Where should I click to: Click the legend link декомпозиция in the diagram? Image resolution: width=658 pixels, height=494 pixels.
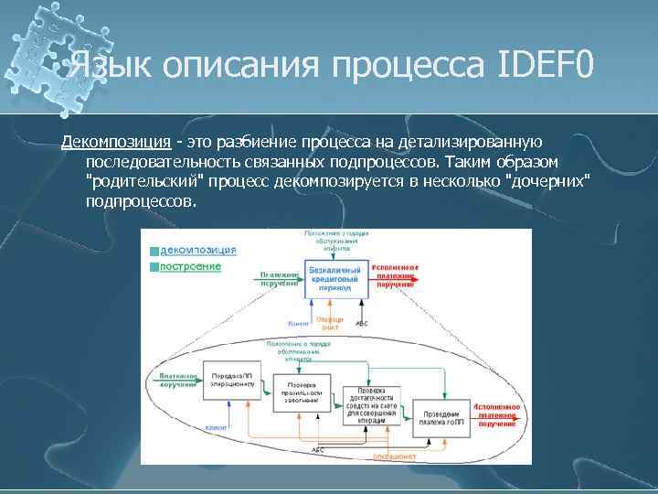197,250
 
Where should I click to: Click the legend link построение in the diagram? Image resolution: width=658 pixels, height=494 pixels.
190,266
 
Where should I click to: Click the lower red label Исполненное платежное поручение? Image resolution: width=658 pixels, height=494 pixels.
497,413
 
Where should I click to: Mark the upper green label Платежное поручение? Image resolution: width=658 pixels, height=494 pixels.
280,278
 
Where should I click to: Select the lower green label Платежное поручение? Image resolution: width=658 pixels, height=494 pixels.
176,380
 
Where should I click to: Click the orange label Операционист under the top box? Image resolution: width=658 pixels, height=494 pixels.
328,323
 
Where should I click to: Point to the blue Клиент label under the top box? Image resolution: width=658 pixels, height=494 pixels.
297,323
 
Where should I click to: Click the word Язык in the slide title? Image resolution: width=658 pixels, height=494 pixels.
103,66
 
